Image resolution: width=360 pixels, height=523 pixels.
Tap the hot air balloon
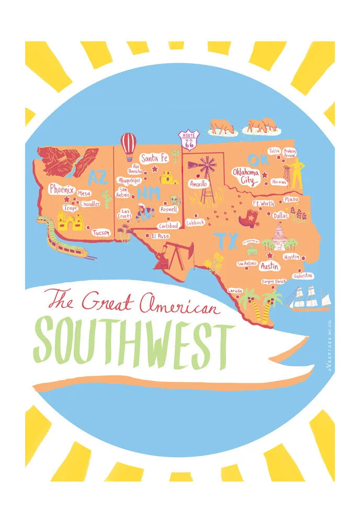[x=128, y=145]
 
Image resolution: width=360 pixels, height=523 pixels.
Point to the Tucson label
[x=102, y=233]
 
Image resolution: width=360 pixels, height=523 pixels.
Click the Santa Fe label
[x=154, y=157]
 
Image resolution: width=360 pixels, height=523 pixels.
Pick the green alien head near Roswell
[x=174, y=200]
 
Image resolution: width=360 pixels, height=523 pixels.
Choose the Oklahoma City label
[x=246, y=177]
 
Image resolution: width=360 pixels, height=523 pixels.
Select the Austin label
[x=270, y=266]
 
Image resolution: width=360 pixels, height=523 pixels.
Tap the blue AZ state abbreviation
[x=97, y=177]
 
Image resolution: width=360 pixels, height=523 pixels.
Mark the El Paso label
[x=160, y=236]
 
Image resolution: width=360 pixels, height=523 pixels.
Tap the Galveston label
[x=303, y=275]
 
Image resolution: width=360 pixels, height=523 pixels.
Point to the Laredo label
[x=235, y=291]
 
